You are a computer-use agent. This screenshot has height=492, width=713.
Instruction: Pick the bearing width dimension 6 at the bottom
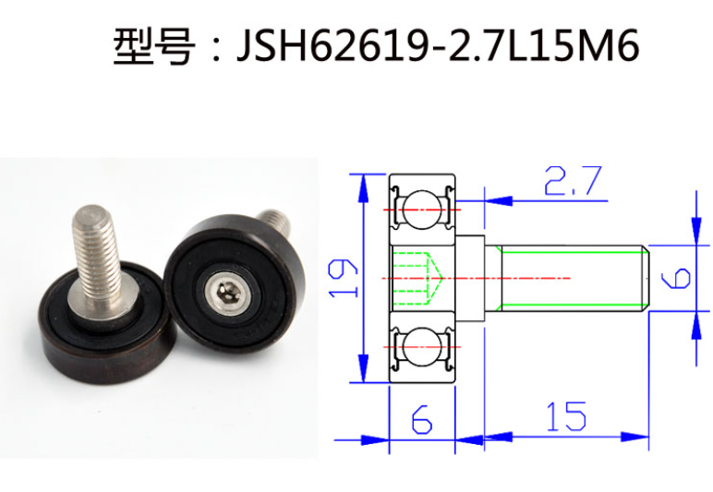[x=421, y=419]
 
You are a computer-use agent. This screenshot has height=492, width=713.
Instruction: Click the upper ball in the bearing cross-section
[x=421, y=207]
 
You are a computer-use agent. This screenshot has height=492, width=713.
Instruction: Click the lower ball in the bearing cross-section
[x=421, y=349]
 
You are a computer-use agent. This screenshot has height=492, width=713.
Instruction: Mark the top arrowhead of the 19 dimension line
[x=361, y=181]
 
